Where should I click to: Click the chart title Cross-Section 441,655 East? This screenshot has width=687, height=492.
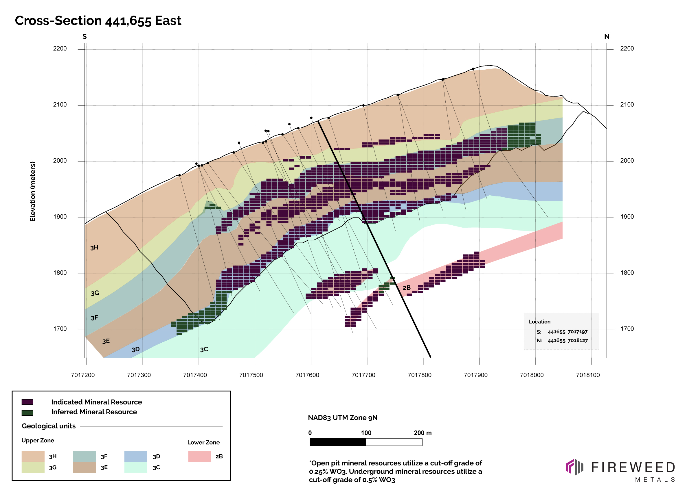click(98, 21)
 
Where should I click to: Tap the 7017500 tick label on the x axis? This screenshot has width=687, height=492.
click(251, 375)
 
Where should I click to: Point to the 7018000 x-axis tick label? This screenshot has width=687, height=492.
click(532, 375)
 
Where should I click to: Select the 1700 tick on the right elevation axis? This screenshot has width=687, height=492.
click(627, 329)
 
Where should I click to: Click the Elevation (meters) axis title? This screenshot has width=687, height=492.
click(33, 192)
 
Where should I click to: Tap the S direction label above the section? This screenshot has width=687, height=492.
click(85, 37)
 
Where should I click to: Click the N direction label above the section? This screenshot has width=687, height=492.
click(607, 37)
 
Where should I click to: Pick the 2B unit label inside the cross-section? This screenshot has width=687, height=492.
click(407, 287)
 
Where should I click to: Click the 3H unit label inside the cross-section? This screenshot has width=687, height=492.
click(94, 248)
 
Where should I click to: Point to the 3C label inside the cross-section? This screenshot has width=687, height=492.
click(204, 350)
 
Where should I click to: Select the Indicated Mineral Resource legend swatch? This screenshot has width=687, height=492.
click(27, 402)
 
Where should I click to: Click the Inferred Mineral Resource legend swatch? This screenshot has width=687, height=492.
click(27, 413)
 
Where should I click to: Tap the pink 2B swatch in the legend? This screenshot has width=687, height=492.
click(199, 456)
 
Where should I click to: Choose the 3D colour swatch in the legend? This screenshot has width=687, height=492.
click(136, 456)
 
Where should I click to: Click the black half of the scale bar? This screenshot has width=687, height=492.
click(337, 442)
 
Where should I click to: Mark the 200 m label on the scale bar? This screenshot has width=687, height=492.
click(423, 433)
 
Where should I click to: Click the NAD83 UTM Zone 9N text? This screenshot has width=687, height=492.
click(343, 418)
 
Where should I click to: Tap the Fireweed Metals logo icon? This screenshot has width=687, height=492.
click(574, 467)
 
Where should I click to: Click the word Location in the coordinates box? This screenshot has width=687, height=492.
click(539, 322)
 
